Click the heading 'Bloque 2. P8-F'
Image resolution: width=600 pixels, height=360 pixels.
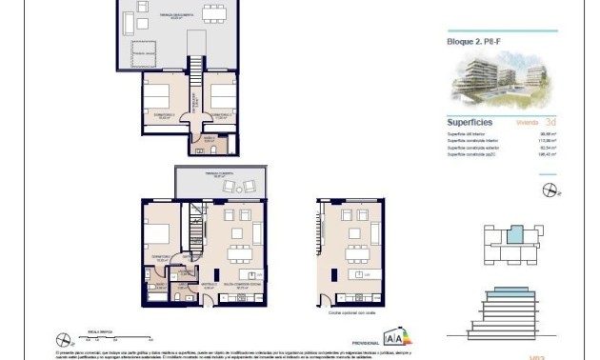474,42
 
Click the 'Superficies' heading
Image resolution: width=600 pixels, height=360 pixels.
469,122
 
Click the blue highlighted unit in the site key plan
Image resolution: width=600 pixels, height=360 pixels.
514,233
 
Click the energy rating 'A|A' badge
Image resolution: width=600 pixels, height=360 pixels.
393,335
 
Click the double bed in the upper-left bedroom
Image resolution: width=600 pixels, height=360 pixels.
159,97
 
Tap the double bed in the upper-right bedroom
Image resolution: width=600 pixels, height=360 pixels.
221,97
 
